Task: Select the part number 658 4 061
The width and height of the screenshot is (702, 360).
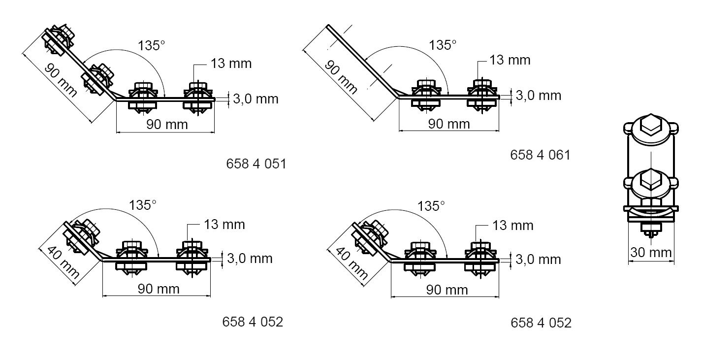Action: [540, 155]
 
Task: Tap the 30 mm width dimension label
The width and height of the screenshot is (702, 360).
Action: [651, 253]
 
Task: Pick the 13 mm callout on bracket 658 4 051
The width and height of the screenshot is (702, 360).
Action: [231, 64]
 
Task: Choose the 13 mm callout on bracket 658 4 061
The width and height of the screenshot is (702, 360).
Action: [510, 60]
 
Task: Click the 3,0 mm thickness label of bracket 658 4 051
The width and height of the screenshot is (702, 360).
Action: [255, 99]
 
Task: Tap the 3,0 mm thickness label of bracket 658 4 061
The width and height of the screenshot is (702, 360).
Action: [538, 95]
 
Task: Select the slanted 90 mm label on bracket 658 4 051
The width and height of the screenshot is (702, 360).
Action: [61, 80]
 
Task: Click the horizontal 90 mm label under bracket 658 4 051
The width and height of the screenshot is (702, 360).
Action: [167, 124]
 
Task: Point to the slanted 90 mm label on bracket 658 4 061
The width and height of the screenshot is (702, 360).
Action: [341, 78]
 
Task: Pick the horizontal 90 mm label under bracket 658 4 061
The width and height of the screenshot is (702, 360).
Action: [449, 124]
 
